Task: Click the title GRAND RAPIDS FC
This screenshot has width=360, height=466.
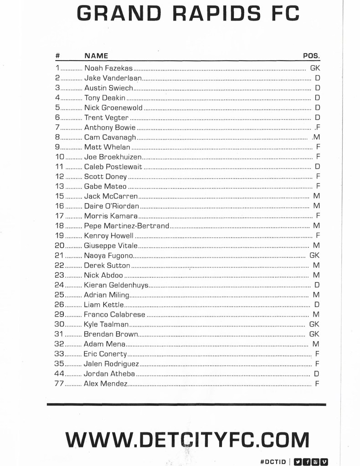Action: point(187,13)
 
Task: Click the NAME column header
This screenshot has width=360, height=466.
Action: point(96,56)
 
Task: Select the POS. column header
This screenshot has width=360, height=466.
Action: point(311,56)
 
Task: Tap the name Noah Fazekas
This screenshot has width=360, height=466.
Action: point(108,68)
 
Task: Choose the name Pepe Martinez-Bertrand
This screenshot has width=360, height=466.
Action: point(126,226)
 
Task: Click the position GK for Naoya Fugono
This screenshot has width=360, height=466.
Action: point(314,256)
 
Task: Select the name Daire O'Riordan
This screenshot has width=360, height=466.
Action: point(112,206)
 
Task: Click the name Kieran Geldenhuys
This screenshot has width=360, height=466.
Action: point(116,285)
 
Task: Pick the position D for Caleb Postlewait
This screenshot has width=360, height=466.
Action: point(318,167)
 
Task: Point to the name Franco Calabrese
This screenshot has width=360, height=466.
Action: point(114,315)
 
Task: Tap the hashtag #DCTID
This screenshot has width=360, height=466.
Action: point(273,461)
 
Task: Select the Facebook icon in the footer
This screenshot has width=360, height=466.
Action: point(308,461)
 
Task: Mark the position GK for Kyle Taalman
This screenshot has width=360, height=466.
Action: point(314,325)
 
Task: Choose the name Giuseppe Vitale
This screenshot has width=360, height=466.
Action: point(111,246)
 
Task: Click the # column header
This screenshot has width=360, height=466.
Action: point(58,56)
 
